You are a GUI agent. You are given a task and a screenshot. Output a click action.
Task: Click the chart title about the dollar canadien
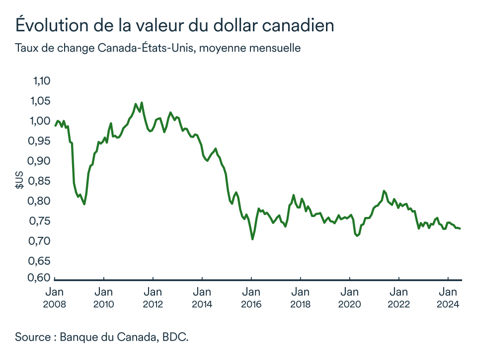(174, 26)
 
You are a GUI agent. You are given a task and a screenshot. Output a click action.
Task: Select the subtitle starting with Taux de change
(158, 49)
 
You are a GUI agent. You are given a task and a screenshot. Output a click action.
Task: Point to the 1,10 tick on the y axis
(41, 81)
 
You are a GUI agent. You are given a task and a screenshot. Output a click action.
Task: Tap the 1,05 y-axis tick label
(41, 101)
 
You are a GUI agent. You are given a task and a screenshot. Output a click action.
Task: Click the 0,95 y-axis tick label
(41, 141)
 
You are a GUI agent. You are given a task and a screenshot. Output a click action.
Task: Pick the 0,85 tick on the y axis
(41, 181)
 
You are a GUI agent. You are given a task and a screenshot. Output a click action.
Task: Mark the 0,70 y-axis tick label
(41, 241)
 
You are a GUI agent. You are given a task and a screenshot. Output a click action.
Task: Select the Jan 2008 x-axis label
(55, 297)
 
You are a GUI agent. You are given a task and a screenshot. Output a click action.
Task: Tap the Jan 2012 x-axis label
(153, 297)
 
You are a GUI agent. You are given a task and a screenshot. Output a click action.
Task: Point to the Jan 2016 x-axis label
(251, 297)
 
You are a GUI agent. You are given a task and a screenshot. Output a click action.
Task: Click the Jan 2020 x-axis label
(350, 297)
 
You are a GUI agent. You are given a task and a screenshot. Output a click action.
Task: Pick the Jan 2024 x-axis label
(448, 297)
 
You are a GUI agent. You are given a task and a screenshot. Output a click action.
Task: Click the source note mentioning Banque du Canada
(102, 337)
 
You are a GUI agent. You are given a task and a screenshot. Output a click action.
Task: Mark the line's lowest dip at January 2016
(252, 239)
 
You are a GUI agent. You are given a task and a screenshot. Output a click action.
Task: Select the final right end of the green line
(460, 228)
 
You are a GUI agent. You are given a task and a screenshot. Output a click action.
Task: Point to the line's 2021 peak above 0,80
(384, 191)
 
